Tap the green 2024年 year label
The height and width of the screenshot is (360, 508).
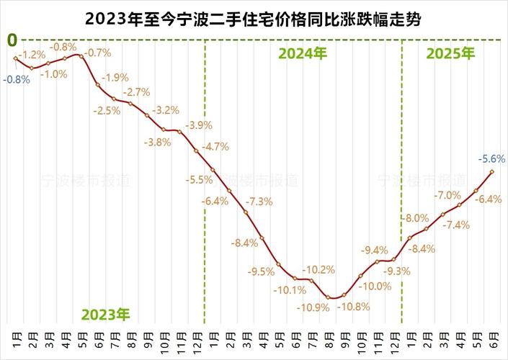point(303,53)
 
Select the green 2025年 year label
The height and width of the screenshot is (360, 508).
point(451,53)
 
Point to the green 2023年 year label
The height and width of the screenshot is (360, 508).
point(105,315)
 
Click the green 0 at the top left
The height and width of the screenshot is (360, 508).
point(12,40)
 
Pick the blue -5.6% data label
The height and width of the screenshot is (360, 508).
point(492,158)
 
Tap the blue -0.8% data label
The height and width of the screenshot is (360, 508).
point(17,80)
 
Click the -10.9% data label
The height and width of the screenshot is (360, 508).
point(311,307)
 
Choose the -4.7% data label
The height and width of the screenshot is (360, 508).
point(215,147)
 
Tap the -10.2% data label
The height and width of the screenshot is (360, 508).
point(318,270)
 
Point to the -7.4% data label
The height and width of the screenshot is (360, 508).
point(455,225)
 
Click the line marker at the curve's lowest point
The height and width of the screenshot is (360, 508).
point(329,297)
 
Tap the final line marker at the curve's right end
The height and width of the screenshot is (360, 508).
point(492,171)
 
